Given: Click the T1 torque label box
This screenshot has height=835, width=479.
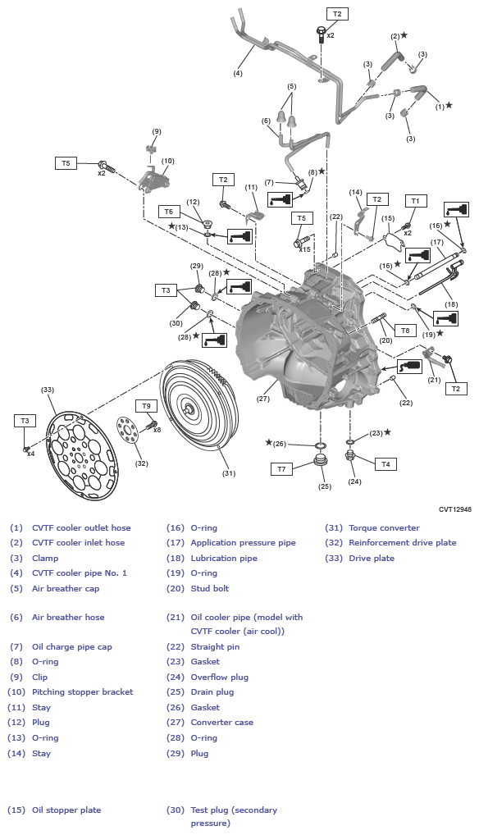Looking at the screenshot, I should click(x=414, y=200).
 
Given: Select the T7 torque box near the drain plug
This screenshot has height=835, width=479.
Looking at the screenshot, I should click(x=281, y=469).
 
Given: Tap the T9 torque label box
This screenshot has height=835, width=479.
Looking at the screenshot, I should click(x=147, y=405).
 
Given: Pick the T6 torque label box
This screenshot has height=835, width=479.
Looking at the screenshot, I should click(x=169, y=211).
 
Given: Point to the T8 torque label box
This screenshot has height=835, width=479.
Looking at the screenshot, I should click(x=404, y=330).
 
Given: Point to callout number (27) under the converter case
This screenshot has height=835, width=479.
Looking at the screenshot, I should click(x=262, y=399).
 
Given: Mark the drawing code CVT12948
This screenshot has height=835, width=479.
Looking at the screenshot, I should click(x=455, y=509).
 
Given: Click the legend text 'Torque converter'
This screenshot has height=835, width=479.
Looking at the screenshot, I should click(x=384, y=528).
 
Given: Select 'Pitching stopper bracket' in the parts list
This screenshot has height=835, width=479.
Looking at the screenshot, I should click(x=82, y=692).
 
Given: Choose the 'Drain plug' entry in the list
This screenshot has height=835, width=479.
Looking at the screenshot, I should click(x=212, y=692).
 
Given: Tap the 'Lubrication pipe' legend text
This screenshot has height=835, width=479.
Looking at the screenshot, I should click(x=224, y=559).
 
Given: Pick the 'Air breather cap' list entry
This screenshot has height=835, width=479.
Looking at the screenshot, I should click(x=66, y=588).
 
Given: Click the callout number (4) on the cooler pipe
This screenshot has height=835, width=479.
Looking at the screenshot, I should click(x=238, y=73).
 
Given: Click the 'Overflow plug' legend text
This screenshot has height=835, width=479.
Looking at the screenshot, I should click(x=219, y=678).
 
